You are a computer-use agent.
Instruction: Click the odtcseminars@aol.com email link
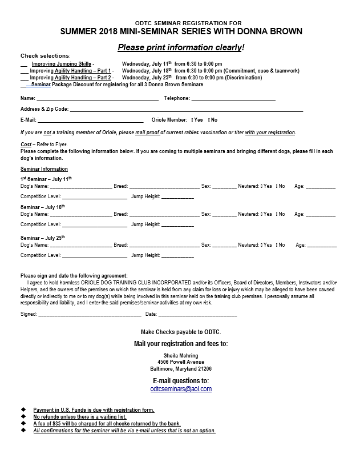180,389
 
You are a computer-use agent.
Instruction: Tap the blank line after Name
98,99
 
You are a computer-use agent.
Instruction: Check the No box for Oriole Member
209,120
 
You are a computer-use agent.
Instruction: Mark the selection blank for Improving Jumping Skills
24,65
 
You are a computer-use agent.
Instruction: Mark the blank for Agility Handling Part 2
24,78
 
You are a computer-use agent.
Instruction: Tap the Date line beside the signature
197,315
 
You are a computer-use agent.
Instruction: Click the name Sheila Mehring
180,356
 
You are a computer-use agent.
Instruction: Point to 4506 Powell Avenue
180,362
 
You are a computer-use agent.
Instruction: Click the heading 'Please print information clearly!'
180,47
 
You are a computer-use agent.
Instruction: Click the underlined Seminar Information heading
44,169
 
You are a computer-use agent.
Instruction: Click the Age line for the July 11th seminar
321,187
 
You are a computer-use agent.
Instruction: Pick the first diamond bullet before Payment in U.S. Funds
23,410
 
